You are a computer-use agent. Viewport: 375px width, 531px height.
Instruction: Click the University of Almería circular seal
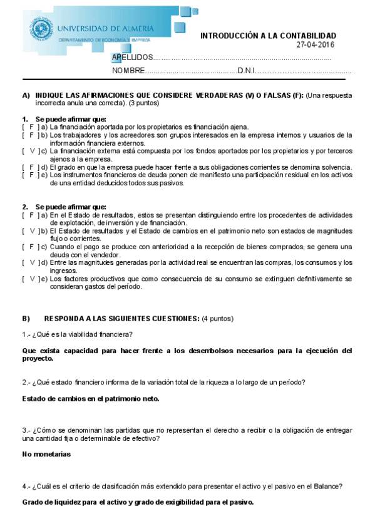[x=42, y=29]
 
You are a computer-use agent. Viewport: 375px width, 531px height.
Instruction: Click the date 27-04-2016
[x=316, y=45]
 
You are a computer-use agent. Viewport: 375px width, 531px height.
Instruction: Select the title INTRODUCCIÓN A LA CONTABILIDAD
[x=268, y=36]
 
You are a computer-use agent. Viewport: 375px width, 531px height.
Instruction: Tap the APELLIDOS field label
[x=132, y=58]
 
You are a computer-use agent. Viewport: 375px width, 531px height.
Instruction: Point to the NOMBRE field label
[x=129, y=71]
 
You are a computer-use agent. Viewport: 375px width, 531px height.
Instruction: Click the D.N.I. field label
[x=247, y=71]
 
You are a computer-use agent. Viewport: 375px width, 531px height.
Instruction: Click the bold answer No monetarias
[x=47, y=453]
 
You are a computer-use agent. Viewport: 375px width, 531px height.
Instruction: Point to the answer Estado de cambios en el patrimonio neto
[x=90, y=398]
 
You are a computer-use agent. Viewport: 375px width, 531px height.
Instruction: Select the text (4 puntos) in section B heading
[x=217, y=319]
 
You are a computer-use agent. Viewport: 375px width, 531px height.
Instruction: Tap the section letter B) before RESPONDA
[x=26, y=319]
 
